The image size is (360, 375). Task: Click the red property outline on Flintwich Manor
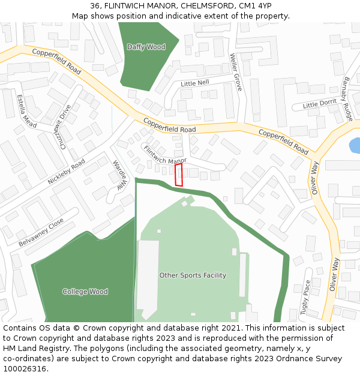coord(178,175)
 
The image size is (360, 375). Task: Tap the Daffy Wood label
coord(146,47)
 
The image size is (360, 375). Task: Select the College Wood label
coord(85,292)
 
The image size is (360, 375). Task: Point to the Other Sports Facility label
coord(193,275)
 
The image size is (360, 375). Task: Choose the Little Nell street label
coord(195,83)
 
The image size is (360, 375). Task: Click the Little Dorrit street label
coord(320,104)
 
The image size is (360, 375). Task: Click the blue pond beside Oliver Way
coord(355,145)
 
